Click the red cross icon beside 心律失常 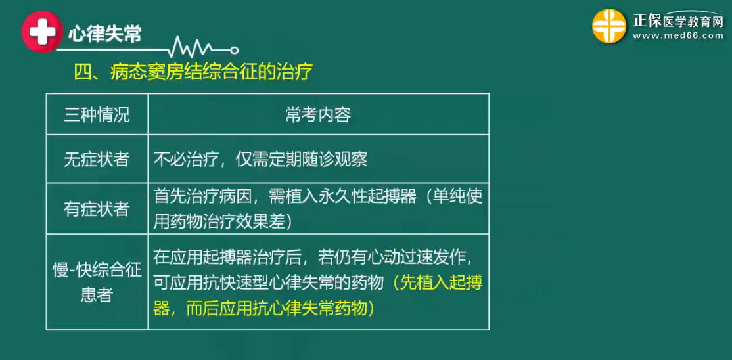pos(42,32)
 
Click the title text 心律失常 pos(105,34)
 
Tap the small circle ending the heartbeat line pos(235,50)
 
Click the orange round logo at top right pos(609,26)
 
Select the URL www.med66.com pos(678,36)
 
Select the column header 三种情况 pos(97,115)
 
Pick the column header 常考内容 pos(318,115)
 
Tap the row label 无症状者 pos(97,160)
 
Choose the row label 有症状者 pos(97,209)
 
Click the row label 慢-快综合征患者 pos(97,282)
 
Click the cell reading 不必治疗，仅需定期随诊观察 pos(260,160)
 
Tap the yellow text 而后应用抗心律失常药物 pos(277,309)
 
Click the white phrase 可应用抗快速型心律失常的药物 pos(269,282)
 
